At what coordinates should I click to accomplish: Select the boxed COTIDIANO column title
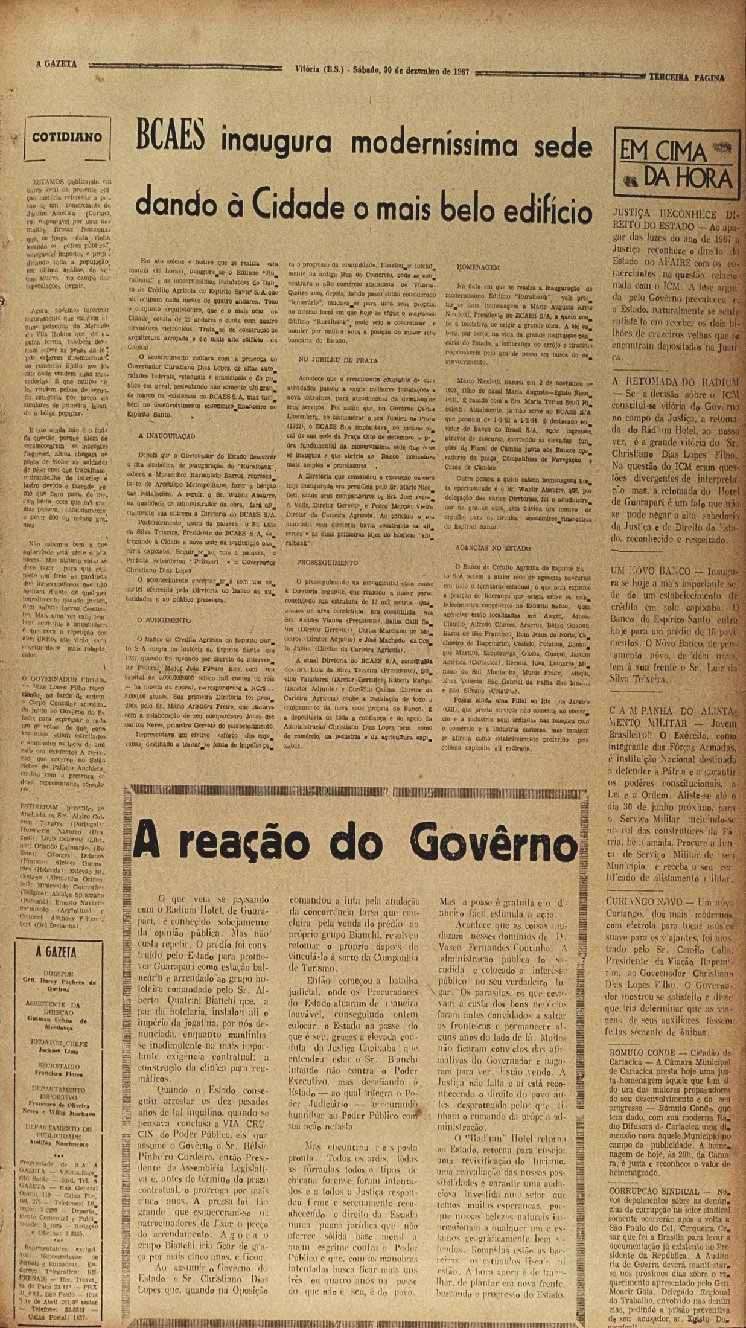tap(67, 137)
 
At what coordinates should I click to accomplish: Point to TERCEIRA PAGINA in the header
tap(686, 78)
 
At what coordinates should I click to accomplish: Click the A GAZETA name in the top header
tap(56, 65)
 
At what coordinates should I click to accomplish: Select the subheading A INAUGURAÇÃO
tap(166, 435)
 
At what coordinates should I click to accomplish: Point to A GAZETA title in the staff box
tap(56, 952)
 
